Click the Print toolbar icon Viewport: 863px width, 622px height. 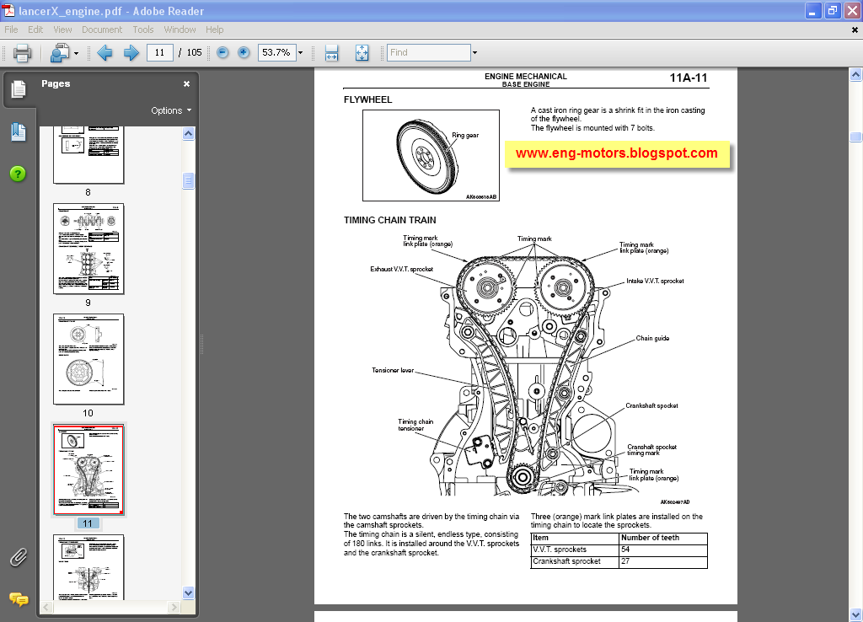click(22, 52)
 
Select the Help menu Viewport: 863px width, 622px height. click(214, 29)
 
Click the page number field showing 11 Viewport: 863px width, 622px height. click(159, 52)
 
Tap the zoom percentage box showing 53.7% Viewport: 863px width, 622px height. click(276, 52)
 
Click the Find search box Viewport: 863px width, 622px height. click(428, 52)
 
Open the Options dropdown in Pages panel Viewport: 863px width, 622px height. click(171, 110)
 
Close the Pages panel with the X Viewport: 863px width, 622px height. click(187, 84)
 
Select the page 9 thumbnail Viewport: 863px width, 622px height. click(88, 249)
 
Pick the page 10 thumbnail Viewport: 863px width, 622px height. click(88, 359)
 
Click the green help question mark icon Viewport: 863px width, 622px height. click(18, 174)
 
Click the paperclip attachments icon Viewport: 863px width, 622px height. click(18, 557)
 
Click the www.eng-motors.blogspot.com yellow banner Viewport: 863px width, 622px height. click(616, 153)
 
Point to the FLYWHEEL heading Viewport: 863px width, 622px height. click(367, 99)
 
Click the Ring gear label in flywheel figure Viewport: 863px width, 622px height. click(464, 135)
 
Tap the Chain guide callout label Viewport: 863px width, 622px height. click(652, 339)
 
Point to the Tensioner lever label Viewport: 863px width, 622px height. click(394, 370)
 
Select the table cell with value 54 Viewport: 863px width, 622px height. click(625, 550)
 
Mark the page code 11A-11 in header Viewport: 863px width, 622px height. click(689, 78)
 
